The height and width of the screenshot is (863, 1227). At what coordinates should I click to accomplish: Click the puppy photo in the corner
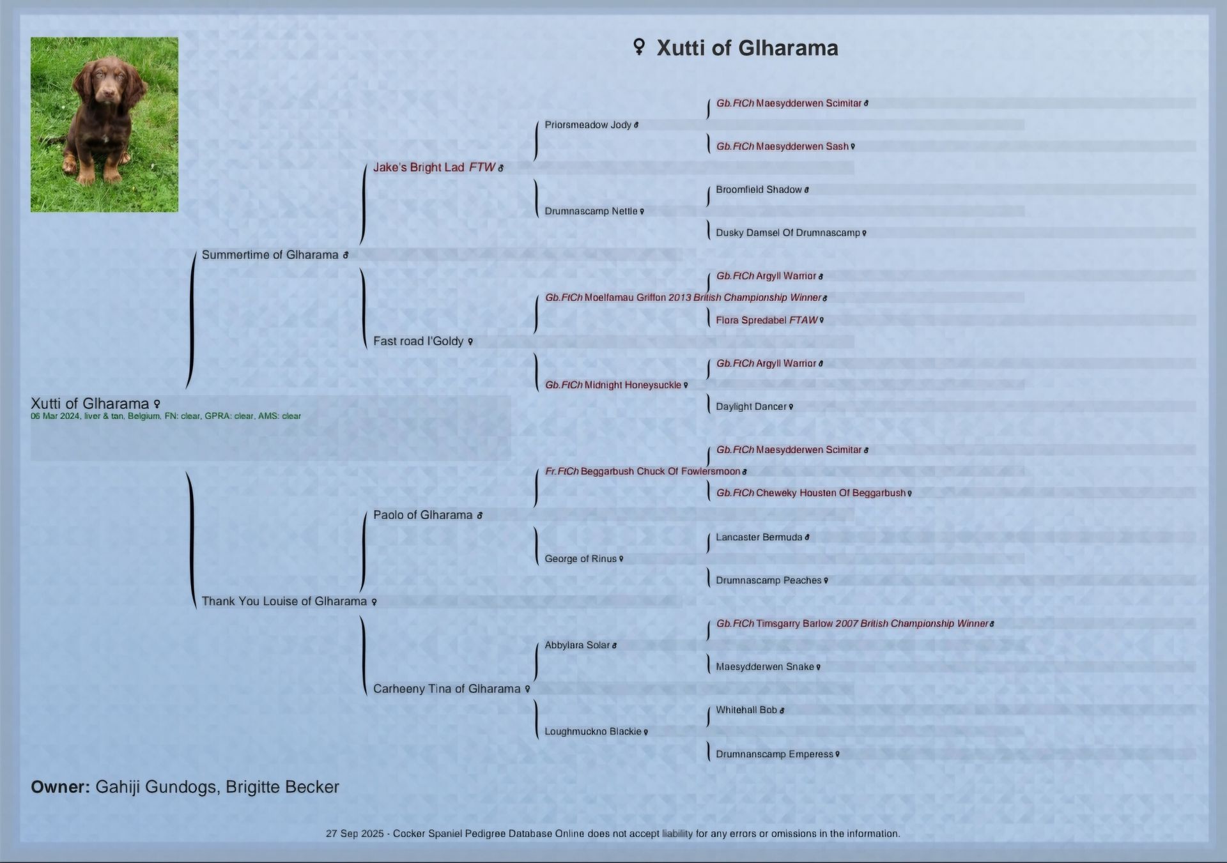tap(104, 124)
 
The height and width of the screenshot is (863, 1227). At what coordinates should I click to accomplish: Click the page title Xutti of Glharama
tap(746, 48)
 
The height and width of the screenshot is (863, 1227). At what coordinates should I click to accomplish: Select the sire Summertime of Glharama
tap(270, 255)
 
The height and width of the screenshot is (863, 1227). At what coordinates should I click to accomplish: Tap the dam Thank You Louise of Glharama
tap(284, 601)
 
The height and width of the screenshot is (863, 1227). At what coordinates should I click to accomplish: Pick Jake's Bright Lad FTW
tap(434, 167)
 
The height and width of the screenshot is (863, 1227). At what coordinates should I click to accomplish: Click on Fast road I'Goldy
tap(418, 341)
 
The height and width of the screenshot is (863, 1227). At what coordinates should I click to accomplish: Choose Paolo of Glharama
tap(422, 515)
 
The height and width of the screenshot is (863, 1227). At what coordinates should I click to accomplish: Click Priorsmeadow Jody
tap(587, 125)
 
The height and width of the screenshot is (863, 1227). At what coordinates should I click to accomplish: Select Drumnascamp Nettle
tap(590, 211)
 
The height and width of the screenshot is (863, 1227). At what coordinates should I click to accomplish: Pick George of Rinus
tap(580, 558)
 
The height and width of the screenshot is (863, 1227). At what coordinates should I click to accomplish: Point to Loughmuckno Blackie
tap(592, 731)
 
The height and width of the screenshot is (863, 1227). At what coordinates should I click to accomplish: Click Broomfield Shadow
tap(759, 190)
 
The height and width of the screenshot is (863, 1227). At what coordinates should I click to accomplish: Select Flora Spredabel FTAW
tap(766, 320)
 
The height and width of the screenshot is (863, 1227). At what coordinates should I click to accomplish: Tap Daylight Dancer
tap(751, 406)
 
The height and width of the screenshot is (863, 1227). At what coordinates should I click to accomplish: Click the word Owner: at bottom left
tap(60, 787)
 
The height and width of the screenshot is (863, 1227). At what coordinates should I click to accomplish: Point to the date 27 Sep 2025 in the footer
tap(355, 834)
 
